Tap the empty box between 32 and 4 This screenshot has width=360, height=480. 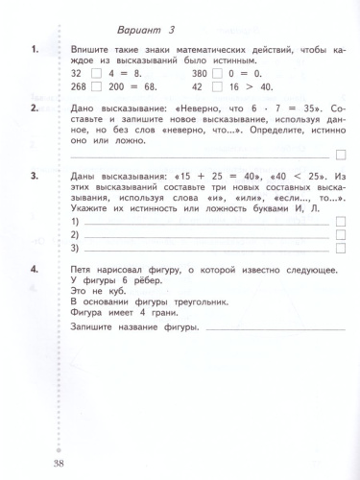[93, 71]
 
